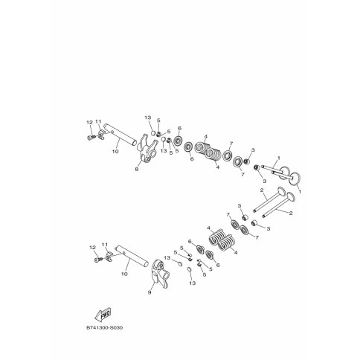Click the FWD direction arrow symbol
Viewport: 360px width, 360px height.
103,315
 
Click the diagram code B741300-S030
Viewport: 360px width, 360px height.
104,328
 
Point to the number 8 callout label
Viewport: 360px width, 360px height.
137,170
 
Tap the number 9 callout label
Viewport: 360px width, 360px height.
150,292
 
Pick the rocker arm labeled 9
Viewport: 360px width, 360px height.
161,274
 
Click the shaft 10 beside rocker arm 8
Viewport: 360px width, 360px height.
120,135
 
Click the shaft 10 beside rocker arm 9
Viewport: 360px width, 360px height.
132,256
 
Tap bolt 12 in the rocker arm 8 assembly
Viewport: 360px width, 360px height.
91,137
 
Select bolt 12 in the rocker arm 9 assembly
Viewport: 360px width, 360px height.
98,260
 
